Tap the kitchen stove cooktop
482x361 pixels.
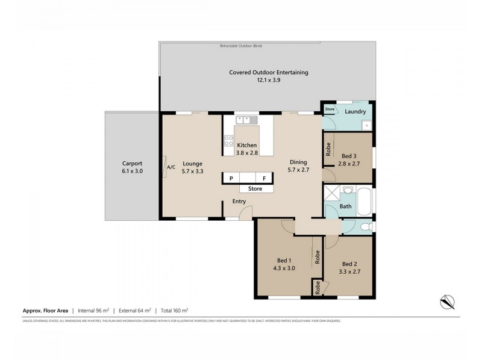click(x=229, y=141)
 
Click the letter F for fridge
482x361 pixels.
click(x=263, y=178)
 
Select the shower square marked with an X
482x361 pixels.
click(x=331, y=193)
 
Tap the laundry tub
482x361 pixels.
click(x=365, y=125)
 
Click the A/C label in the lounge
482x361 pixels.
click(x=171, y=167)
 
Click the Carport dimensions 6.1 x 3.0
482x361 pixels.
click(x=133, y=171)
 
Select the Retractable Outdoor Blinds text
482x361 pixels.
click(x=241, y=46)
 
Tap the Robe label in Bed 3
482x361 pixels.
click(x=329, y=150)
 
